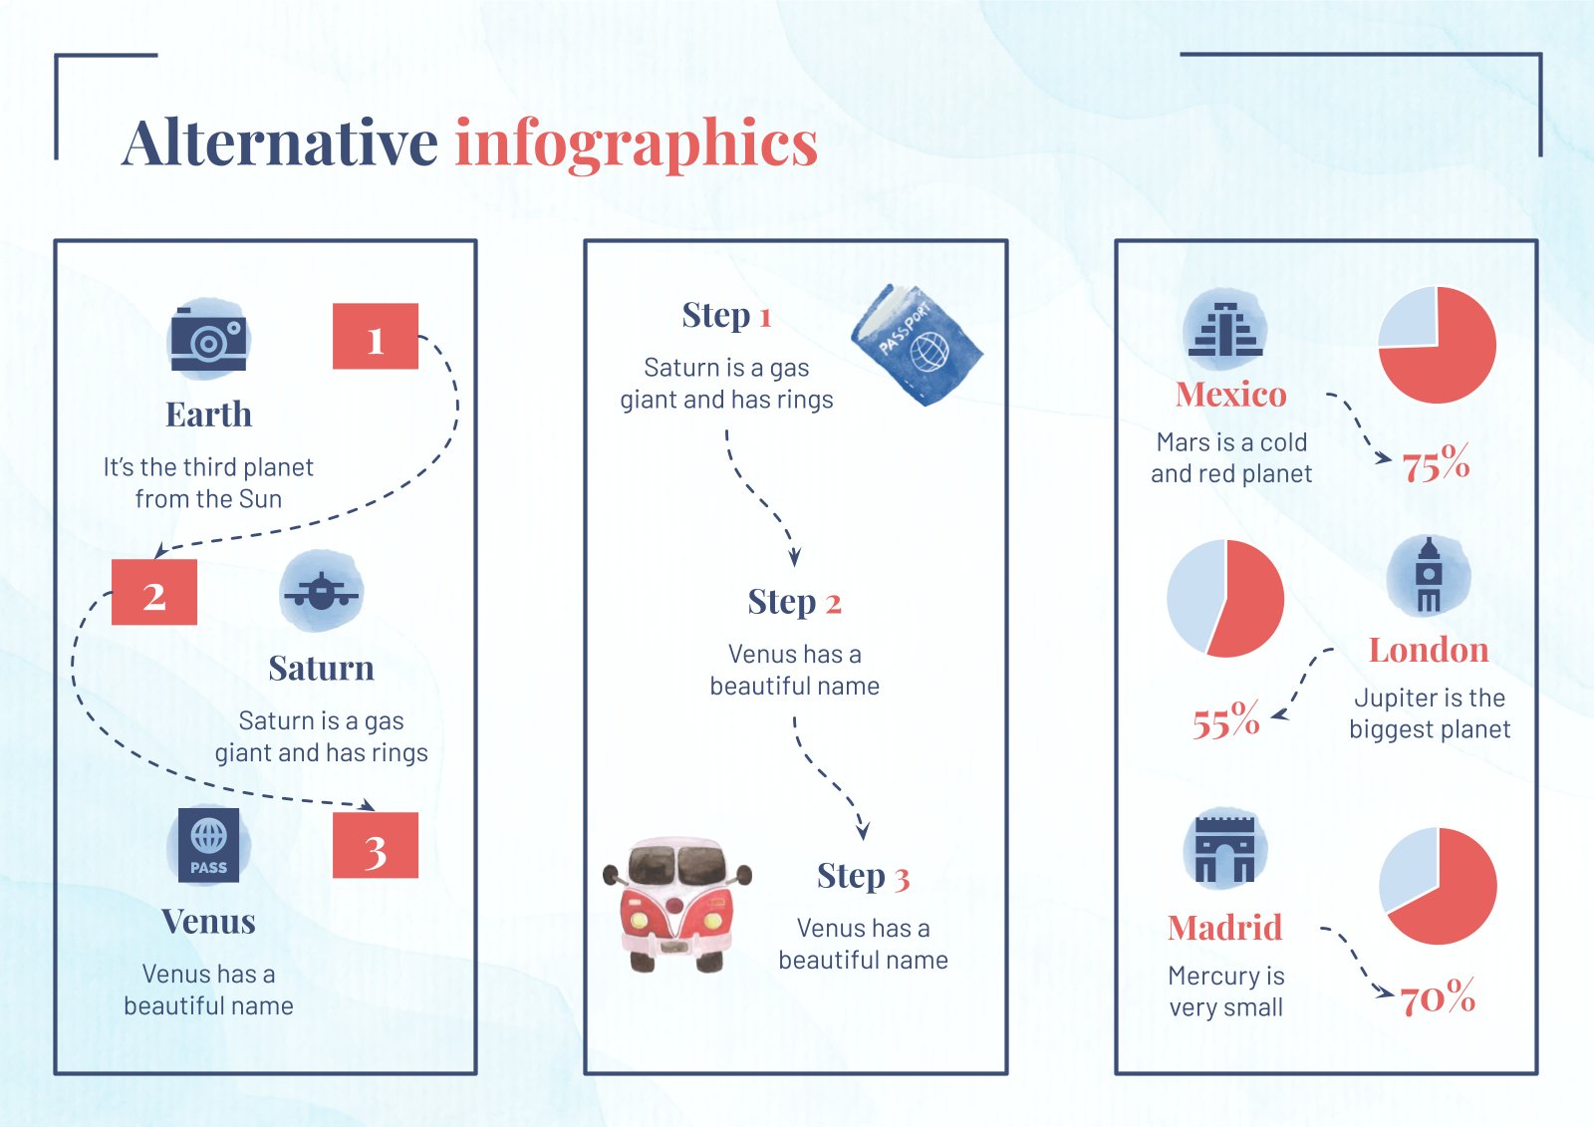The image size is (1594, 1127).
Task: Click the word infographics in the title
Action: click(x=637, y=144)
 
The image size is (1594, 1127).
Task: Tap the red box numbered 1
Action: click(x=375, y=336)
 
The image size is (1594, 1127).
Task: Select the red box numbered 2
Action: click(x=153, y=592)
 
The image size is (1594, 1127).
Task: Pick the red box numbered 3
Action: click(x=375, y=845)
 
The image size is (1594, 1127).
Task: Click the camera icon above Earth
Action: click(x=208, y=338)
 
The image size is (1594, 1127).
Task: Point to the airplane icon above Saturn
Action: click(x=321, y=591)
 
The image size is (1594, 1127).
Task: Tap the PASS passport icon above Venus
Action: click(x=208, y=845)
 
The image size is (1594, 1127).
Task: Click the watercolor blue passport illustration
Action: click(x=917, y=345)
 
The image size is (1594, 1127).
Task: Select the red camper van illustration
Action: click(x=676, y=904)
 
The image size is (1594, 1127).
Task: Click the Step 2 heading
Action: click(x=794, y=602)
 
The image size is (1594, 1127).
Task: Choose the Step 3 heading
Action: click(x=863, y=877)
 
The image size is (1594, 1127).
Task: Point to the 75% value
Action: click(x=1436, y=464)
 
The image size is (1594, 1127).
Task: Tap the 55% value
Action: click(x=1226, y=720)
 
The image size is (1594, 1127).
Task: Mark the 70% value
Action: click(x=1438, y=997)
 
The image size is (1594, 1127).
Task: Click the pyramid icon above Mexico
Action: click(x=1224, y=329)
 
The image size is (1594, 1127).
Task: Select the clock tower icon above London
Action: click(x=1429, y=576)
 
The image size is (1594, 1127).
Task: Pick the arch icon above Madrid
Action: click(x=1224, y=849)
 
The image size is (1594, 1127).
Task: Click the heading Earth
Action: click(x=208, y=415)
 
